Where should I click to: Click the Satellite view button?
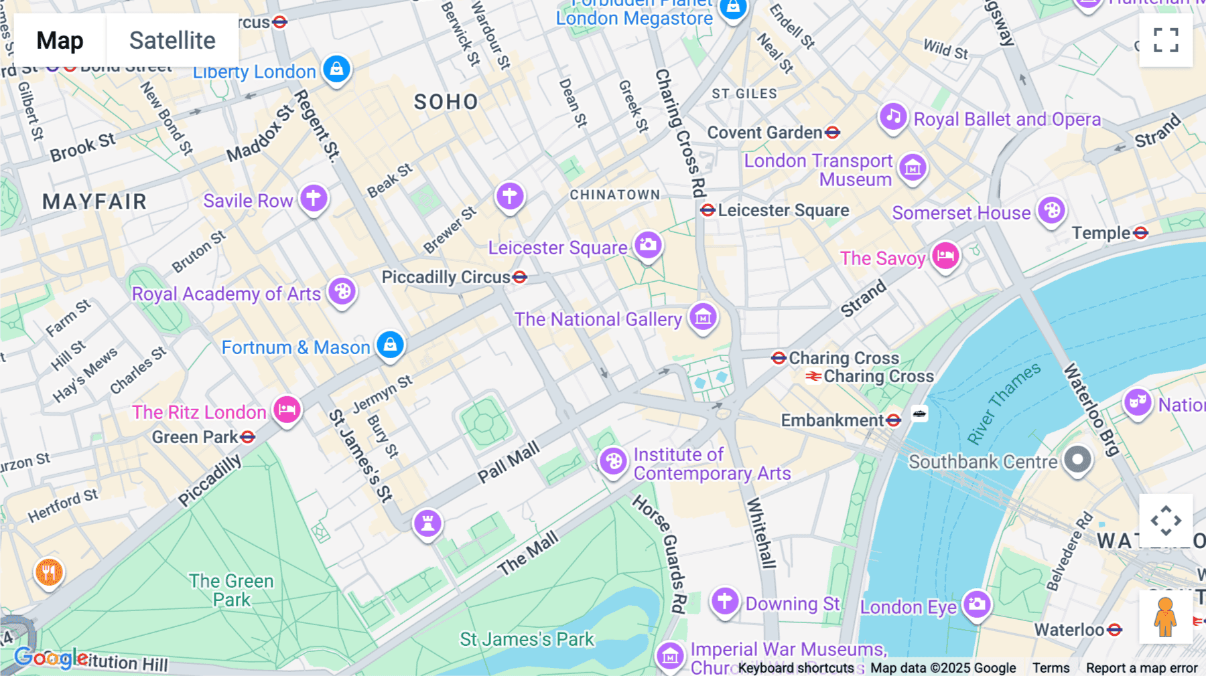[172, 41]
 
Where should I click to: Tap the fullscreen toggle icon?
[1166, 40]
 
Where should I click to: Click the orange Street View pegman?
[1166, 616]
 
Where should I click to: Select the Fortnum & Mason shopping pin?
[390, 345]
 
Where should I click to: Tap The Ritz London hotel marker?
[287, 409]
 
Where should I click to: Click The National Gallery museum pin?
[703, 317]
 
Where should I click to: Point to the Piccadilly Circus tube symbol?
[519, 277]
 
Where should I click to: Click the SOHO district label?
[446, 102]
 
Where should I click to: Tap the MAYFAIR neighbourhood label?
[94, 201]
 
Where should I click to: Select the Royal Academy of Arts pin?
[342, 292]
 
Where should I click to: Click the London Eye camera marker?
[977, 604]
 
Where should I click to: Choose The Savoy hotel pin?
[945, 256]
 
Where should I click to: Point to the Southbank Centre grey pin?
[1077, 460]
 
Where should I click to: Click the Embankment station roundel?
[893, 420]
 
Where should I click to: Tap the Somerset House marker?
[1051, 211]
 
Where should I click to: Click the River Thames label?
[1004, 404]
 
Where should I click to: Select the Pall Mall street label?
[509, 462]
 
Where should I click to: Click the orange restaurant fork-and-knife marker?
[49, 572]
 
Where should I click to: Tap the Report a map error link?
[1142, 668]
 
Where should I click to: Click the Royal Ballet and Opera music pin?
[893, 117]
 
